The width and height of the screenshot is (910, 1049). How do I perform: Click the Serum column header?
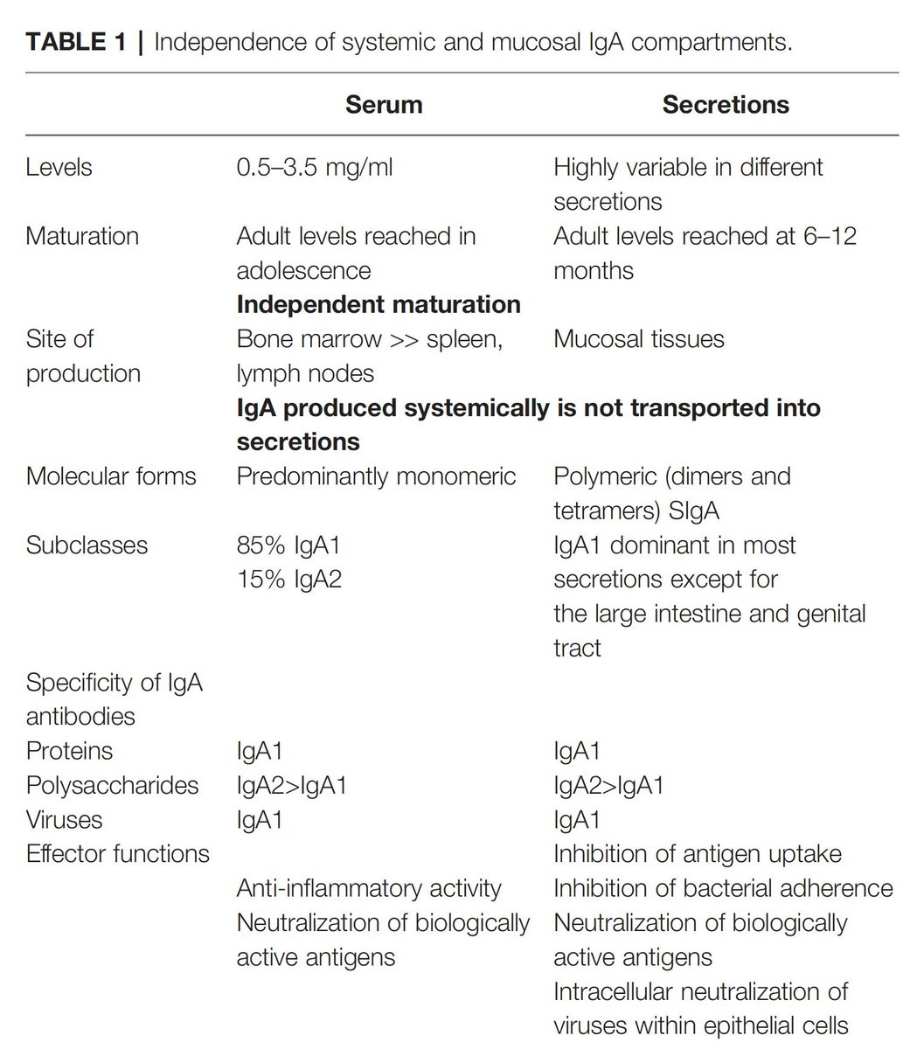(x=383, y=105)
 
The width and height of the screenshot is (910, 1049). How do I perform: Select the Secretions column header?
(x=725, y=105)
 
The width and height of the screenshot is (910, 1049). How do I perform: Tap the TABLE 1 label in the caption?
(x=77, y=41)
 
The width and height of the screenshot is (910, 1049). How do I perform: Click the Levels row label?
(x=59, y=167)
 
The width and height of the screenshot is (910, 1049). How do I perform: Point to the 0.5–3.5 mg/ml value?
(x=314, y=167)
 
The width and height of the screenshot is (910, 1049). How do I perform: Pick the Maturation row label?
(x=82, y=236)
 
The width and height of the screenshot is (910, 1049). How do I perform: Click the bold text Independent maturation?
(x=379, y=304)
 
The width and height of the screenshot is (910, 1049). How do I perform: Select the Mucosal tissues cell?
(x=638, y=339)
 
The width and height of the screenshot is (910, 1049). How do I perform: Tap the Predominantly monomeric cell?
(x=376, y=476)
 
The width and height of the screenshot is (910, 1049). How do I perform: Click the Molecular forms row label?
(x=111, y=476)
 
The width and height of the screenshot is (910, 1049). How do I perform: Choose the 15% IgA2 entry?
(x=288, y=580)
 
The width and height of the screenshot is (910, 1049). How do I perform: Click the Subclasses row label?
(x=87, y=545)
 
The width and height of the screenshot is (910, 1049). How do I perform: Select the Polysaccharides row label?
(x=112, y=785)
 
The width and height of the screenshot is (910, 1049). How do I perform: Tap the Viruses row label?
(x=64, y=820)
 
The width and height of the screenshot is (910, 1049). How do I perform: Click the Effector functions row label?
(x=118, y=854)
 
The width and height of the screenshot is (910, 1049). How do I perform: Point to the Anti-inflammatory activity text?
(x=369, y=889)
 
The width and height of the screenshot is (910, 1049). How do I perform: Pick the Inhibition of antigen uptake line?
(x=697, y=854)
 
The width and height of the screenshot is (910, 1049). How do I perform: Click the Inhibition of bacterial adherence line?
(x=723, y=889)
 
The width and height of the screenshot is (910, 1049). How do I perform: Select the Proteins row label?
(x=69, y=751)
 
